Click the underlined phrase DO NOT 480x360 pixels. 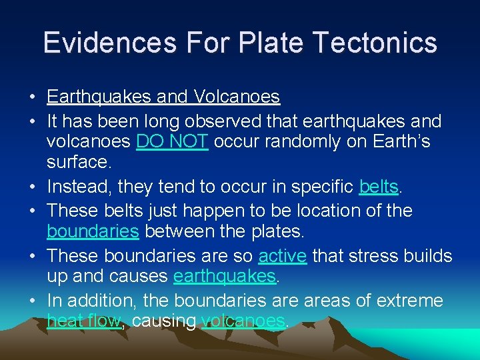point(173,141)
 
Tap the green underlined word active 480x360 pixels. point(282,256)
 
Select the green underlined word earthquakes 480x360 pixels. point(224,276)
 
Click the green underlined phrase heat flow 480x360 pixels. point(84,321)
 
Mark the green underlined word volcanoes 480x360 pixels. point(243,321)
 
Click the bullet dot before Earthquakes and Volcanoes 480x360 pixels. point(33,97)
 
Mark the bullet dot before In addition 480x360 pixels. point(33,301)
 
